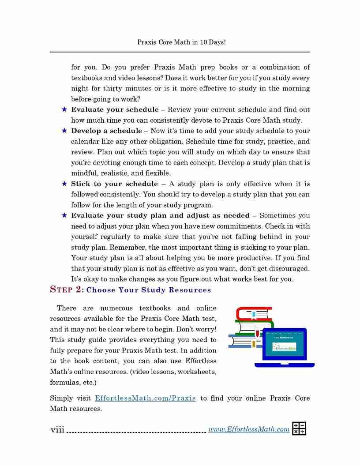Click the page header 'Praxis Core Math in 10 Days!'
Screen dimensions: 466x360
click(x=181, y=42)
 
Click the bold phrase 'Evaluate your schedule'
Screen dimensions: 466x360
click(x=115, y=109)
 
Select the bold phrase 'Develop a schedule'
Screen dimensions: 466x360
click(x=106, y=131)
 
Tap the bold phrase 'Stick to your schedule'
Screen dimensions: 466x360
click(x=114, y=184)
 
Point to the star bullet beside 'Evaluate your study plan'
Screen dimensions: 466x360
click(x=64, y=215)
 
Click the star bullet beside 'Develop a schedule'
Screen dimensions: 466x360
click(x=64, y=131)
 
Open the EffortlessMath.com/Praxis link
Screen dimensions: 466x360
click(x=146, y=398)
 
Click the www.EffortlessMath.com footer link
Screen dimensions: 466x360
click(x=249, y=429)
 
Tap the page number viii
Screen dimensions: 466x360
click(x=57, y=429)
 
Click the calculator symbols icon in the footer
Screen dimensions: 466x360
click(x=299, y=428)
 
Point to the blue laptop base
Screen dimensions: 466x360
click(x=284, y=365)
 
